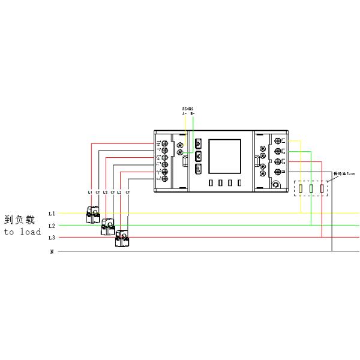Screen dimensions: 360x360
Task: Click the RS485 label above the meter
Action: pyautogui.click(x=188, y=109)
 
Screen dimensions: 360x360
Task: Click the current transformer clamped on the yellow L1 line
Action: pyautogui.click(x=94, y=214)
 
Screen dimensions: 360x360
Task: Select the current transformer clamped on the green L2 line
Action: pyautogui.click(x=109, y=226)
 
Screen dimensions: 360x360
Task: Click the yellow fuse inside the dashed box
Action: pyautogui.click(x=299, y=190)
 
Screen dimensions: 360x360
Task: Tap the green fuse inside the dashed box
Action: pyautogui.click(x=311, y=190)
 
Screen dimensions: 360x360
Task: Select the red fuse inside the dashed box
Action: pyautogui.click(x=322, y=190)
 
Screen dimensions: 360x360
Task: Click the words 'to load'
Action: pyautogui.click(x=22, y=231)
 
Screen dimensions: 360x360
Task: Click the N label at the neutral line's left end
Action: pyautogui.click(x=52, y=251)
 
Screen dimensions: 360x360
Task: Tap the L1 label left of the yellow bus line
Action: pyautogui.click(x=52, y=214)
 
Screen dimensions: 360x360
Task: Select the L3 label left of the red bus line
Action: pyautogui.click(x=52, y=238)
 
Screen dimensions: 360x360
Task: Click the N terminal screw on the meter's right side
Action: pyautogui.click(x=278, y=172)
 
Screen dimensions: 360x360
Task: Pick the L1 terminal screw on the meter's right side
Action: pyautogui.click(x=278, y=141)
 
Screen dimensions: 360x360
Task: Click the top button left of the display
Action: pyautogui.click(x=198, y=144)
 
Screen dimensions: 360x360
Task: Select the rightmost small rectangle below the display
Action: pyautogui.click(x=239, y=183)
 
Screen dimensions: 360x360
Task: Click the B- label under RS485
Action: pyautogui.click(x=192, y=113)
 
